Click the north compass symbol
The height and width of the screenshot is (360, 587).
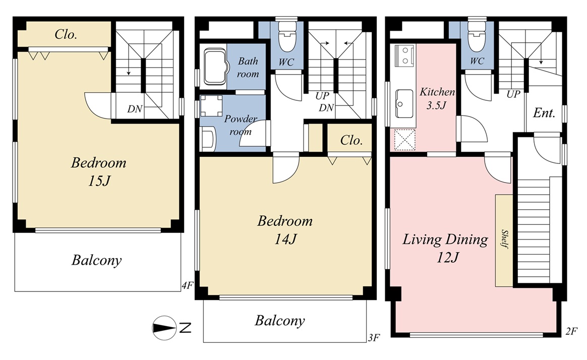[164, 328]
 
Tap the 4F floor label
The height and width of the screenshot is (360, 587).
[188, 285]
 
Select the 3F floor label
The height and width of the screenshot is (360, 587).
[374, 337]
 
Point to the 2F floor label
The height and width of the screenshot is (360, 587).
[571, 331]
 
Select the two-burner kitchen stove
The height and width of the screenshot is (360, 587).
[403, 54]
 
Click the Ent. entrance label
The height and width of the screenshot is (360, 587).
[544, 112]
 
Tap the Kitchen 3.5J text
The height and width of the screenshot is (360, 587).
[437, 98]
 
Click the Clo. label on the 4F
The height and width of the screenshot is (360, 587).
[66, 34]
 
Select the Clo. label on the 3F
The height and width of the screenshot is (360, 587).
[351, 140]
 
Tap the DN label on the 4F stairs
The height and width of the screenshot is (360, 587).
[135, 109]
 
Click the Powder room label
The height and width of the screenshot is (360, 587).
[241, 125]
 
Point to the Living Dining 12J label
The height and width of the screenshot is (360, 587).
[445, 248]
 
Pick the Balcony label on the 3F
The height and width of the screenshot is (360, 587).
[280, 321]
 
